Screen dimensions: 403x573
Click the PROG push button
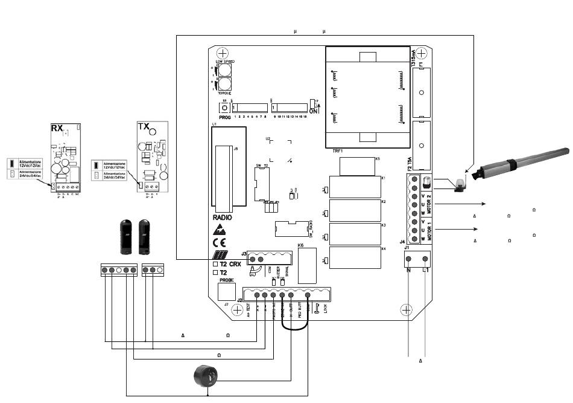tap(224, 107)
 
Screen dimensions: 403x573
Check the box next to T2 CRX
tap(215, 264)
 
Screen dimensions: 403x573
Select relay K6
tap(307, 265)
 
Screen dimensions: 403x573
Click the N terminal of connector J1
tap(408, 260)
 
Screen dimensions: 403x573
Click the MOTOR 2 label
tap(429, 200)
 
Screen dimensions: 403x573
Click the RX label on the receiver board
tap(57, 128)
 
